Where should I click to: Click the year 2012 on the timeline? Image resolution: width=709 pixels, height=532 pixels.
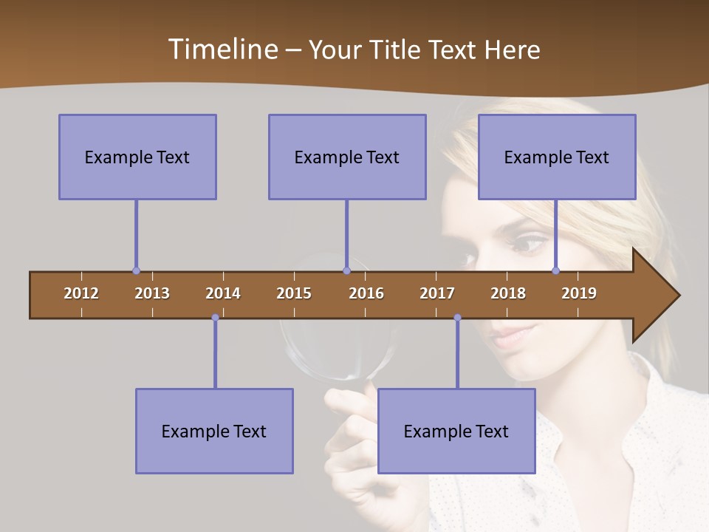click(x=81, y=293)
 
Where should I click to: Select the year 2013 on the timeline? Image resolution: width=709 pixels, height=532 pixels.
click(x=152, y=293)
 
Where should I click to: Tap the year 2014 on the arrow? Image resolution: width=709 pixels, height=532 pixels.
click(x=223, y=293)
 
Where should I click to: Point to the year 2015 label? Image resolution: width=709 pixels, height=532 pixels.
click(x=294, y=293)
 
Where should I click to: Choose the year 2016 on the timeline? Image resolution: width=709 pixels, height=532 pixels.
click(x=366, y=293)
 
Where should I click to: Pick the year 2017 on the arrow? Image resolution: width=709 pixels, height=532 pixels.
click(x=437, y=293)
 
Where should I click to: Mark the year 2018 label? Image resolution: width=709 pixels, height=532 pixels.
click(x=508, y=293)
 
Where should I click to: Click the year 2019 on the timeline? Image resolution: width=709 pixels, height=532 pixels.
click(x=579, y=293)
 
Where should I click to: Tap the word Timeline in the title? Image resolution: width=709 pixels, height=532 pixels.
click(x=222, y=50)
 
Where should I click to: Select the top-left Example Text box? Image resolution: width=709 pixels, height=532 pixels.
click(x=137, y=157)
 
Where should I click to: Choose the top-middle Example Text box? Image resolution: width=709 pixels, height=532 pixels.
click(x=347, y=157)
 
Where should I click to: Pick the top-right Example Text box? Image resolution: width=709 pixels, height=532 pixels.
click(x=557, y=157)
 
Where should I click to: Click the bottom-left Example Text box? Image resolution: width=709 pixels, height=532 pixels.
click(x=214, y=431)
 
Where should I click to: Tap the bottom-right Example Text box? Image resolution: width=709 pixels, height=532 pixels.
click(x=456, y=431)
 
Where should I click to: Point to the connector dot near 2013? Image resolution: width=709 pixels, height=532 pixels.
click(x=136, y=271)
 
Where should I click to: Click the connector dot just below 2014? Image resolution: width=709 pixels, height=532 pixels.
click(x=215, y=318)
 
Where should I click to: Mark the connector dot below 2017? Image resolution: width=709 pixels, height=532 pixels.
click(x=457, y=318)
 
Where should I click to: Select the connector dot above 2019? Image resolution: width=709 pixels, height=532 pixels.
click(x=555, y=271)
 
